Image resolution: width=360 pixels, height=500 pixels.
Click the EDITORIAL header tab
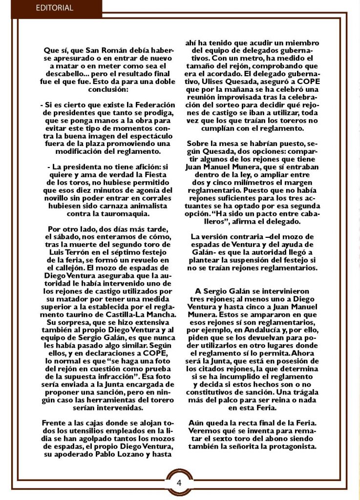(54, 8)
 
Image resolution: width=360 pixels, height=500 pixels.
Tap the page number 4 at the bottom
(179, 483)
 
